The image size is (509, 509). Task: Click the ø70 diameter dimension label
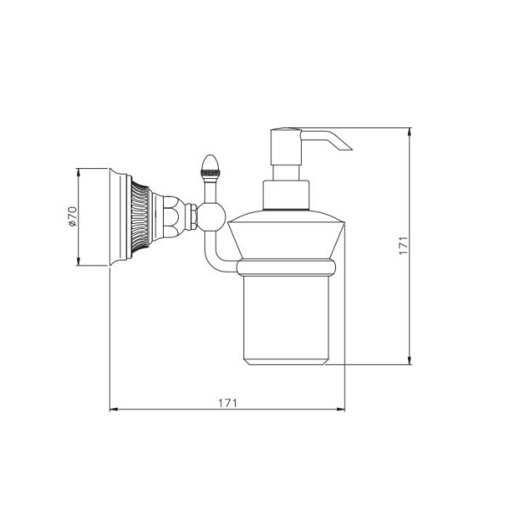click(x=72, y=217)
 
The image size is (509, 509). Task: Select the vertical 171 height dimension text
click(x=404, y=246)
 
